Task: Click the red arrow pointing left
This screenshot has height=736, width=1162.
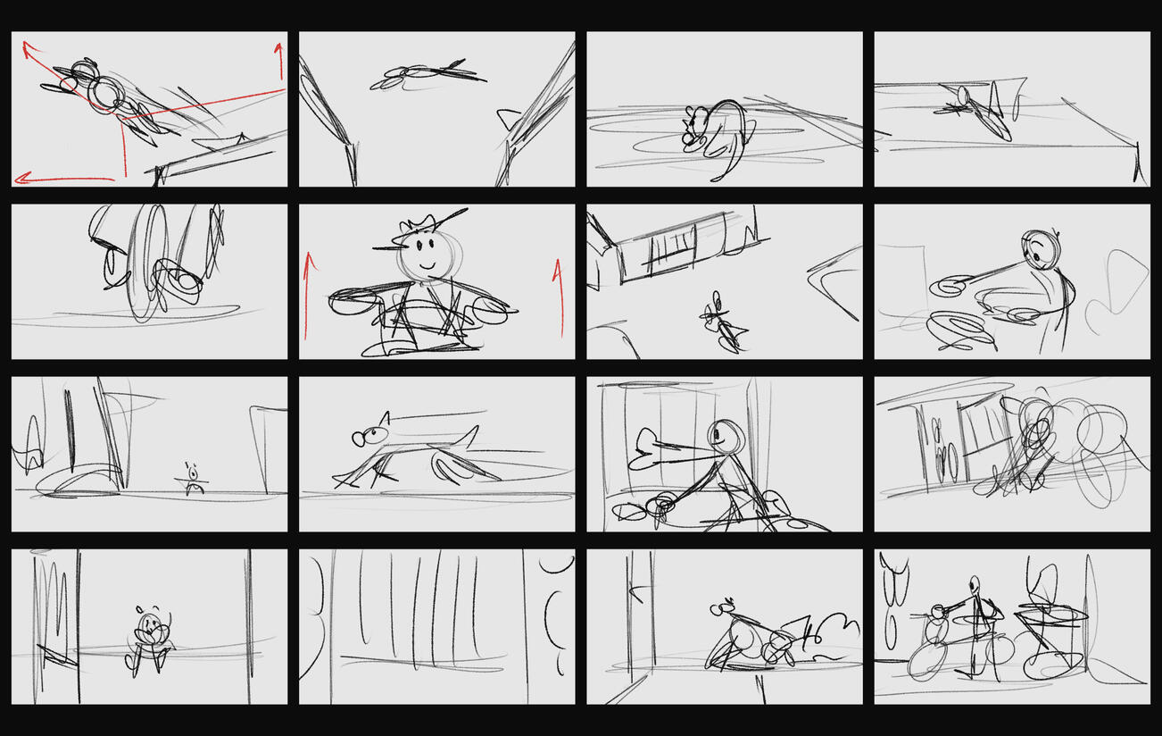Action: (x=62, y=180)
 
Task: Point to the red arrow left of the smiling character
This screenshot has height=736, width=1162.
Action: (x=309, y=295)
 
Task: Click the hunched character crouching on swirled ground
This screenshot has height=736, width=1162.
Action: (x=714, y=134)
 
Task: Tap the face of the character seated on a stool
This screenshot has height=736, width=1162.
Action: (x=151, y=623)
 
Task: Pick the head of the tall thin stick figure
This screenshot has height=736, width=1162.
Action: (x=975, y=584)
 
